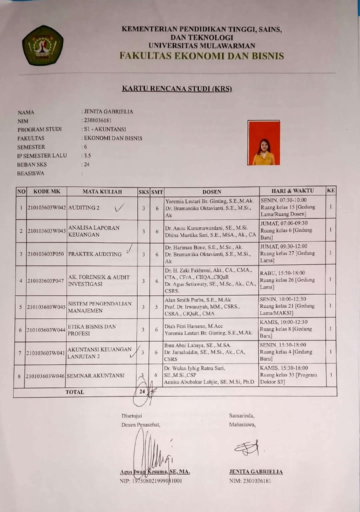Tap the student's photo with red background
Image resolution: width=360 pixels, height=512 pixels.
(263, 143)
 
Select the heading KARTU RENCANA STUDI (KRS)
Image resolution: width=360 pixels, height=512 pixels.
(177, 89)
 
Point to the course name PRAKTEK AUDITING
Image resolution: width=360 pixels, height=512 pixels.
(95, 254)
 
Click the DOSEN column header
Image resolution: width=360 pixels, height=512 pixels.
(211, 191)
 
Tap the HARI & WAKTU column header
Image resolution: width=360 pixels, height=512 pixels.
(292, 190)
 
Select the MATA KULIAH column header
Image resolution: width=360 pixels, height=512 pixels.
(102, 191)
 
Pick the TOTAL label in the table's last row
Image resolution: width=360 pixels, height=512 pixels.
(74, 392)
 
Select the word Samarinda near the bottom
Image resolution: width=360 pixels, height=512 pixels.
(241, 415)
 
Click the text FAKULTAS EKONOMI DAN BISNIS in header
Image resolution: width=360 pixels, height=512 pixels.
(201, 56)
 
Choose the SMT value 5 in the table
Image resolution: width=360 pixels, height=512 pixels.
(156, 306)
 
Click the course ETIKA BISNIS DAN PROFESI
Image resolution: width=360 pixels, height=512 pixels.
(91, 330)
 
